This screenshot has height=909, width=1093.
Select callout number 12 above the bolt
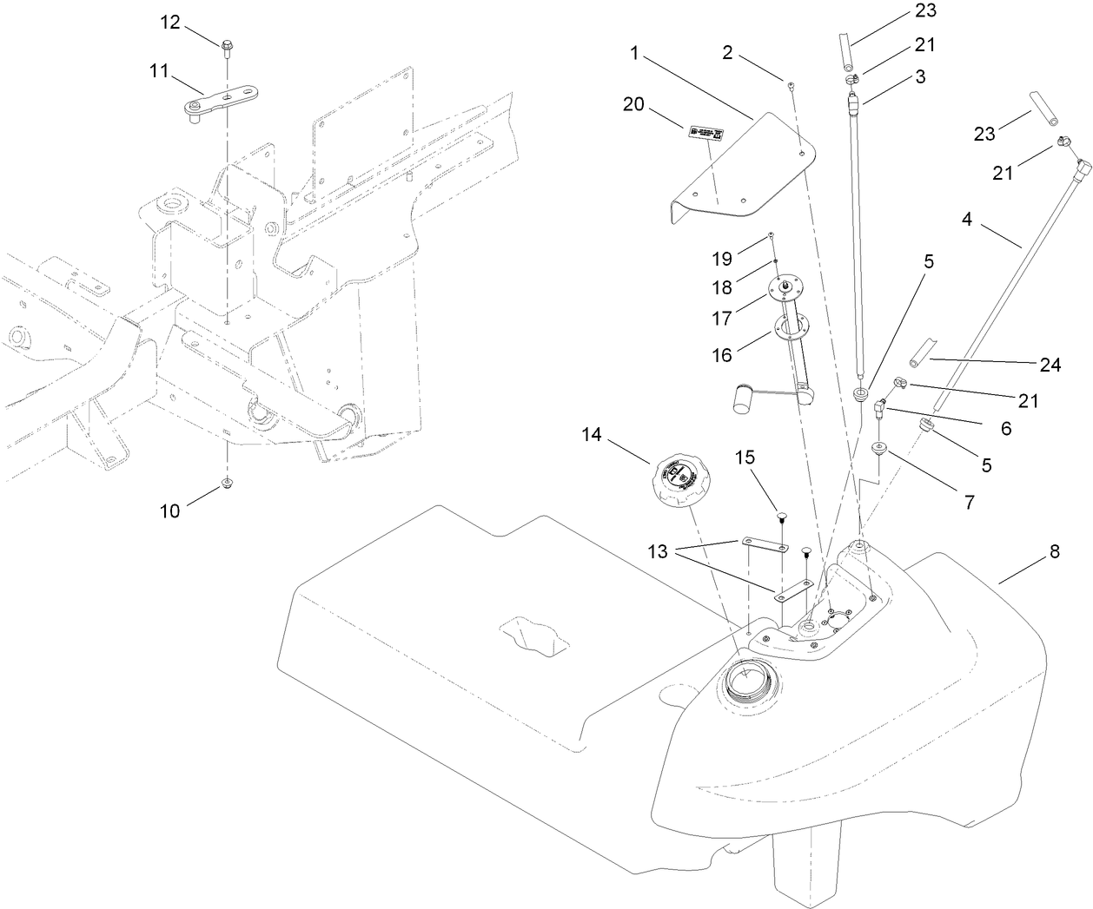pyautogui.click(x=169, y=22)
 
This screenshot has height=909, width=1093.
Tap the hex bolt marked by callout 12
pyautogui.click(x=226, y=45)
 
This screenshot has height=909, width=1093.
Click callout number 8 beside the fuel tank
pyautogui.click(x=1054, y=553)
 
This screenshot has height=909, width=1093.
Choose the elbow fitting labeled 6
pyautogui.click(x=879, y=405)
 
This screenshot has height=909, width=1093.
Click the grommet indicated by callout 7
pyautogui.click(x=879, y=448)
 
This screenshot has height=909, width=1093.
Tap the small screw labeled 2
pyautogui.click(x=792, y=84)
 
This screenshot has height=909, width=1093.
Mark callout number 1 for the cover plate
pyautogui.click(x=634, y=53)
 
